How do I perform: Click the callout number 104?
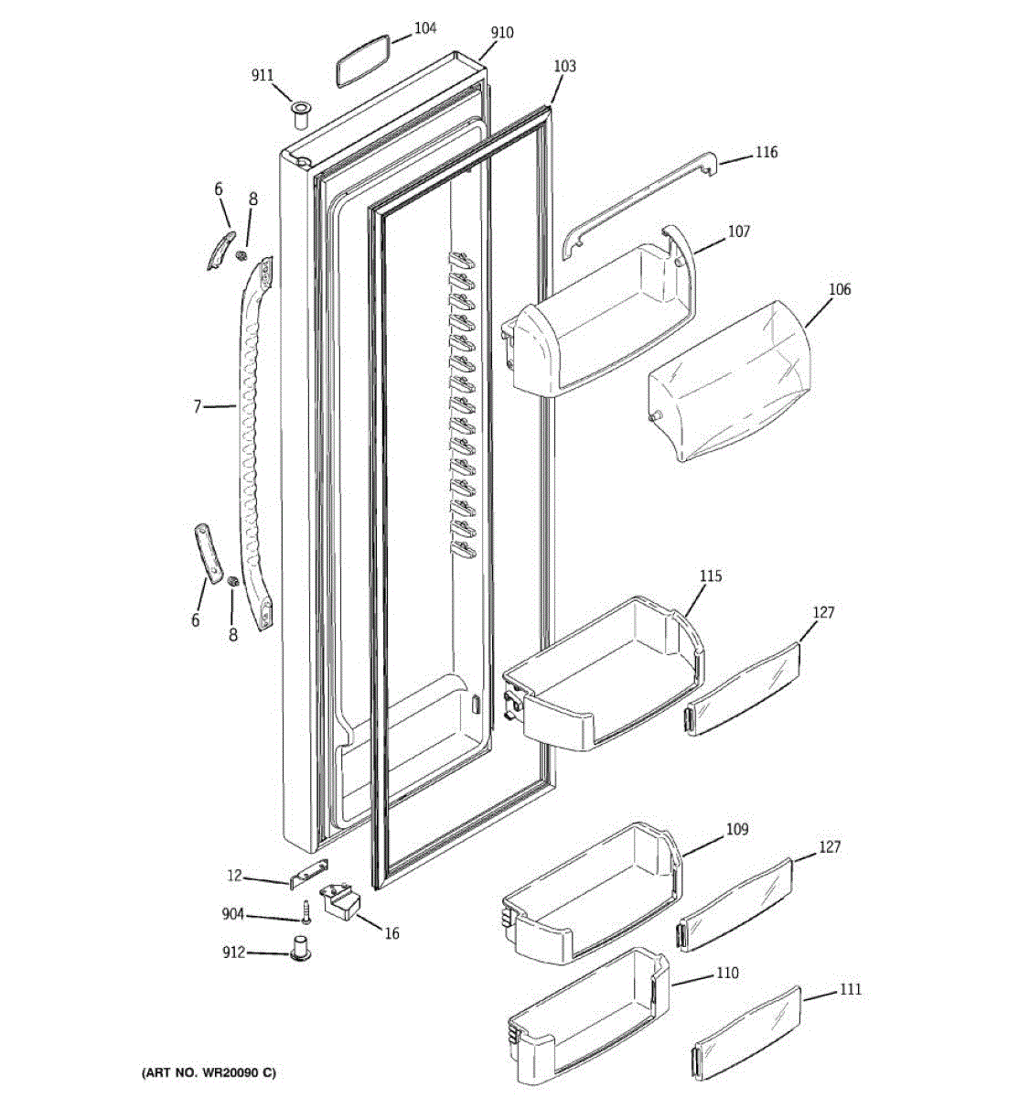[425, 28]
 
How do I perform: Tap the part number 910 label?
[502, 33]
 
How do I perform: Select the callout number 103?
[565, 66]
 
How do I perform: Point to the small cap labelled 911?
[300, 115]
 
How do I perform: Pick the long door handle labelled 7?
[251, 439]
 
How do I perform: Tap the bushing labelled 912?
[301, 949]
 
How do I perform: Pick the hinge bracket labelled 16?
[339, 900]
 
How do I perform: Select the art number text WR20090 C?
[209, 1071]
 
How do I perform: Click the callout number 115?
[711, 576]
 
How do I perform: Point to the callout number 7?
[197, 406]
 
